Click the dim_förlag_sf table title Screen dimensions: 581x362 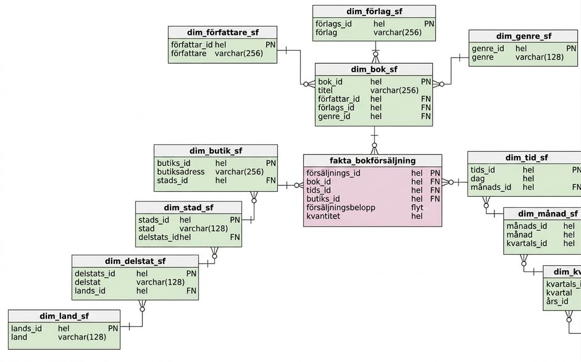[x=374, y=12]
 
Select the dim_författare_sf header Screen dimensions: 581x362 [x=223, y=33]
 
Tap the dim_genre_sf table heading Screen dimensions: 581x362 [x=524, y=36]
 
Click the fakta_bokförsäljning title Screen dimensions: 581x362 [x=373, y=160]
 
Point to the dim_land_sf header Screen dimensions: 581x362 [x=64, y=316]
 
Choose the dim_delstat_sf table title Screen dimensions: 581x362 [x=135, y=261]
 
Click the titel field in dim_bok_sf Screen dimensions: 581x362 [x=325, y=90]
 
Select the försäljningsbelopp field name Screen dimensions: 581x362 [x=341, y=208]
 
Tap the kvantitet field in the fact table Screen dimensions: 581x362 [x=323, y=216]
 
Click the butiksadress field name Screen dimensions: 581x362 [x=181, y=171]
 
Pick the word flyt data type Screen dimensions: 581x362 [x=417, y=208]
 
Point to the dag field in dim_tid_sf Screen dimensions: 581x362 [x=478, y=179]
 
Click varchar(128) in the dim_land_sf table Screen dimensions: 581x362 [x=82, y=337]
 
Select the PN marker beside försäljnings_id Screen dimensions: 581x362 [x=435, y=173]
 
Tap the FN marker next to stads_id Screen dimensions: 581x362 [x=271, y=180]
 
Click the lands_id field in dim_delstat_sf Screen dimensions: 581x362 [x=90, y=291]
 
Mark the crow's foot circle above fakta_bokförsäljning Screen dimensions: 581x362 [x=374, y=146]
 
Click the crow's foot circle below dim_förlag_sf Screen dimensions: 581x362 [x=376, y=54]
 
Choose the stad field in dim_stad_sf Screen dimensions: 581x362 [x=146, y=229]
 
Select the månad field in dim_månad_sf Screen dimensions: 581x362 [x=519, y=235]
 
